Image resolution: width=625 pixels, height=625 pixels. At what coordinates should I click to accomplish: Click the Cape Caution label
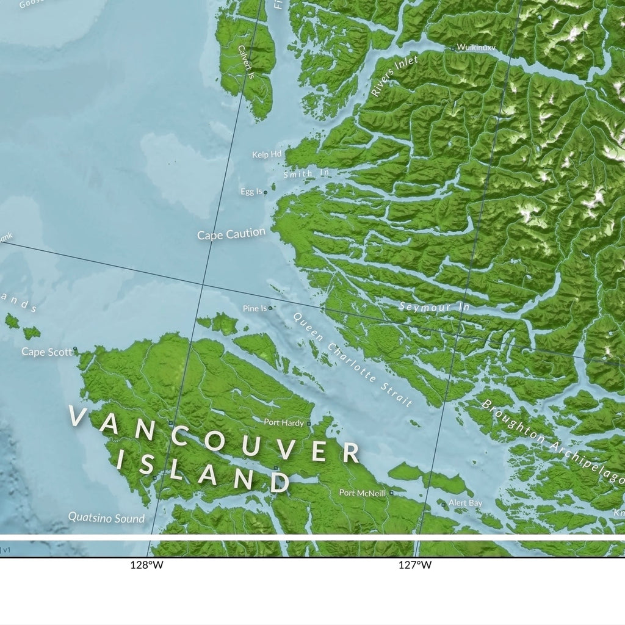point(231,234)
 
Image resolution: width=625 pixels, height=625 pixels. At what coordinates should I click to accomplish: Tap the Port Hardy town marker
point(309,422)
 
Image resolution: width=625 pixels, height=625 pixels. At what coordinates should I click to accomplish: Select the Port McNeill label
point(363,493)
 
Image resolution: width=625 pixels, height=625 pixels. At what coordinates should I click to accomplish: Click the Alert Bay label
point(466,503)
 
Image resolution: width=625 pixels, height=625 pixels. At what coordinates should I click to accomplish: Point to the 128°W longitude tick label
point(146,565)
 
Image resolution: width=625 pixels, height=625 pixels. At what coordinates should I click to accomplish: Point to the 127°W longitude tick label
point(415,565)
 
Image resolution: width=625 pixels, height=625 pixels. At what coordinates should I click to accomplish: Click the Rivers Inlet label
point(394,76)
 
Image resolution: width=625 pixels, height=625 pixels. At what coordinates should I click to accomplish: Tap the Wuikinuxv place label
point(477,47)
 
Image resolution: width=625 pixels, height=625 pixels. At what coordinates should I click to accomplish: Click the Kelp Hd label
point(267,155)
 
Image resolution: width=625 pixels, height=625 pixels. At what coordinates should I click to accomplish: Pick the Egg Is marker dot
point(266,192)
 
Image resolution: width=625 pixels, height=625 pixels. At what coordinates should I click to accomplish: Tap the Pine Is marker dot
point(270,308)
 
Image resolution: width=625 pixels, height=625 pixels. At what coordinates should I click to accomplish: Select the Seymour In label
point(434,307)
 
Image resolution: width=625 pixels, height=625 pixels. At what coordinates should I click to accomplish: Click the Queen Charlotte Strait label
point(352,359)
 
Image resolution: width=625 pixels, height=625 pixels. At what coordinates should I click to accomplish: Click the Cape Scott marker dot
point(75,349)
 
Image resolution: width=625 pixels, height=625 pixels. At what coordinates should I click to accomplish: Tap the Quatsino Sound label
point(106,518)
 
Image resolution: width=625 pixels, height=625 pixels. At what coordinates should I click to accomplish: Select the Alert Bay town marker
point(444,505)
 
